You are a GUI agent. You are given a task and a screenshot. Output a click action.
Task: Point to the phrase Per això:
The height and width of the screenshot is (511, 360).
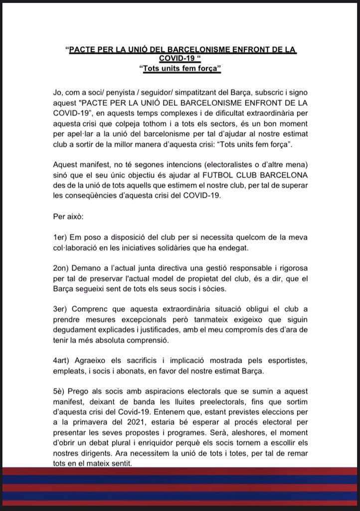(x=66, y=219)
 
